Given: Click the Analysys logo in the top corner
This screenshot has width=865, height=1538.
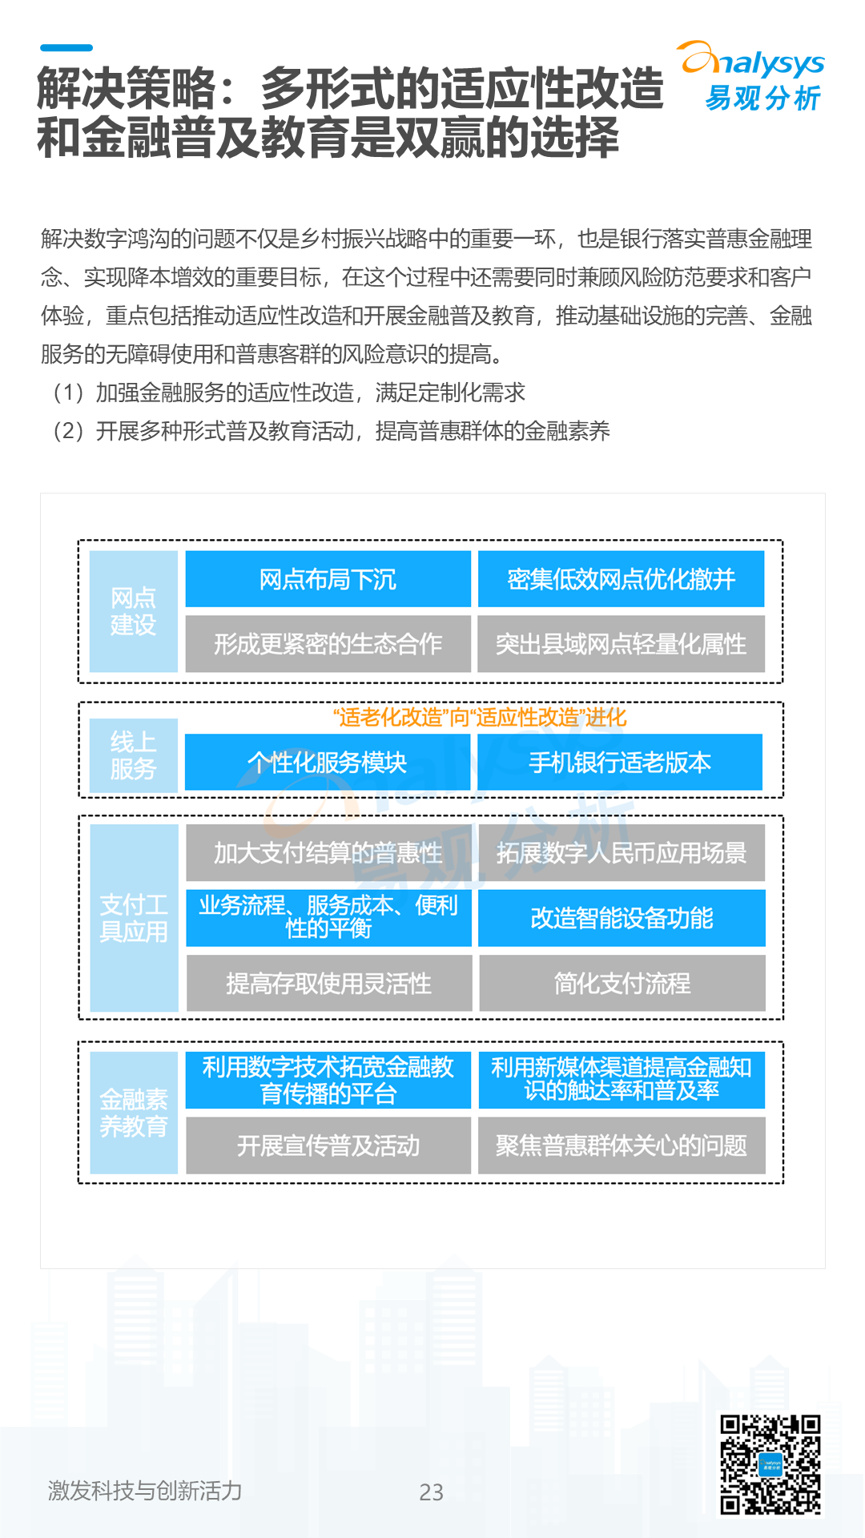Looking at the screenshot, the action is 753,77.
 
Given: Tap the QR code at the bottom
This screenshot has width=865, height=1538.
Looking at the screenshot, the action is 770,1465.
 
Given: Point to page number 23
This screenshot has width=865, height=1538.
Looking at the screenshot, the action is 431,1492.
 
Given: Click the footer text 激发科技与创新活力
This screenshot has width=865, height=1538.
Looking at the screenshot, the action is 145,1490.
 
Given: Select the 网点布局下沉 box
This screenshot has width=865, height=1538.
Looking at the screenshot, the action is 328,579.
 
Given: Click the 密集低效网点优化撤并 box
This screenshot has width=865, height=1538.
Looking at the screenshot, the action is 621,579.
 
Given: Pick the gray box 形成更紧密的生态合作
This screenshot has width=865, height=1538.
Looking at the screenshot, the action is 328,644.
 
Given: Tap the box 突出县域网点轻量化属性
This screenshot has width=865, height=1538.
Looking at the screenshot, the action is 621,644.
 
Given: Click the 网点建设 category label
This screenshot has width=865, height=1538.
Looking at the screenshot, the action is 133,611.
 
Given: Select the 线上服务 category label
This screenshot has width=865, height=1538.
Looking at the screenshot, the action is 133,755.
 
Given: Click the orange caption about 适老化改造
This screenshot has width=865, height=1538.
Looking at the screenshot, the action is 479,717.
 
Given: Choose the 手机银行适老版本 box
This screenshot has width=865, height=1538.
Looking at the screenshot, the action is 619,763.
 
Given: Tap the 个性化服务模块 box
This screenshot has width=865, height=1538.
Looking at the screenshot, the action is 328,763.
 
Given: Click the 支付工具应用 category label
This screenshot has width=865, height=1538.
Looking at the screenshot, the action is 134,918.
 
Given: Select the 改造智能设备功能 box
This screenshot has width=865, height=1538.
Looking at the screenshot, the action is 622,918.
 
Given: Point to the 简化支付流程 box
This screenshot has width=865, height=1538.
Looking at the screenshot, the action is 622,983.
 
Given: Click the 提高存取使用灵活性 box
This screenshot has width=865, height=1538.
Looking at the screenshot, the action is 328,983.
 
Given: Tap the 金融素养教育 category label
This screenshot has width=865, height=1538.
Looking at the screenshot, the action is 134,1113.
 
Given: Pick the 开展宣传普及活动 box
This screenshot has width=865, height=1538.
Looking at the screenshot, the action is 328,1145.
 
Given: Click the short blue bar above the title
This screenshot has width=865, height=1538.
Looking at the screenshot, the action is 66,48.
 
